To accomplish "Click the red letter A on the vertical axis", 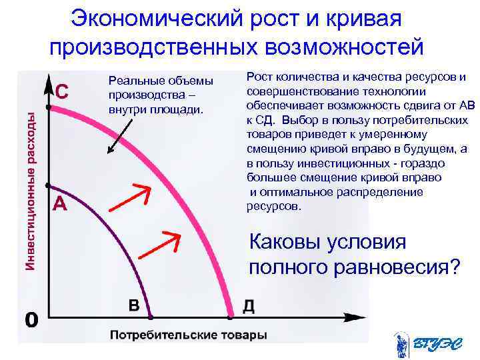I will [59, 205].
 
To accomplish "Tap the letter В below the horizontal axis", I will [134, 305].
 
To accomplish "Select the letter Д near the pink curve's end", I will [247, 305].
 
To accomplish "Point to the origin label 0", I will [31, 320].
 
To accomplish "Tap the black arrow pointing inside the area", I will [125, 133].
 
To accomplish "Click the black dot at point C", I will [47, 106].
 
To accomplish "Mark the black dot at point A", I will [47, 185].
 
